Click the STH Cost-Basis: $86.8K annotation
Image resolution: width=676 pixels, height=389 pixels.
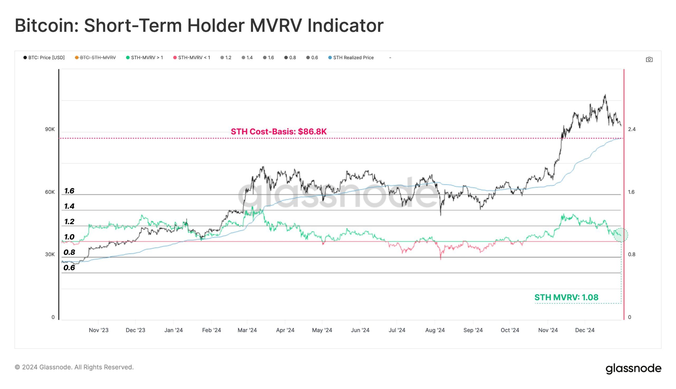coord(279,131)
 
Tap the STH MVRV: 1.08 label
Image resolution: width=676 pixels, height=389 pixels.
coord(566,297)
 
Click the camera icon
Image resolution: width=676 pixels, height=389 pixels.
coord(649,60)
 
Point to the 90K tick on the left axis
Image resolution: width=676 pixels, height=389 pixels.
coord(50,129)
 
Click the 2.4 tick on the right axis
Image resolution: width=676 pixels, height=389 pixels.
coord(632,129)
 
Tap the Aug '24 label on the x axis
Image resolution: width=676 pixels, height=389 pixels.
coord(435,330)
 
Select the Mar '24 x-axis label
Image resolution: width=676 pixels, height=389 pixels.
coord(247,330)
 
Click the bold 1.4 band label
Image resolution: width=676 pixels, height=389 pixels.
coord(69,206)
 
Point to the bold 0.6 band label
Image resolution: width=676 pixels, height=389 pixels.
coord(69,268)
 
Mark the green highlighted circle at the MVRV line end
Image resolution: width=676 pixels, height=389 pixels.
coord(621,235)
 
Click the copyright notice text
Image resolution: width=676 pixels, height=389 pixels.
coord(74,367)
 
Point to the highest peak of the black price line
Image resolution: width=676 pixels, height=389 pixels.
coord(605,95)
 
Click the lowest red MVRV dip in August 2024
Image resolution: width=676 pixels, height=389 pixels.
coord(440,258)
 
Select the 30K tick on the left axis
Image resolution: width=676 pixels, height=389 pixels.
coord(50,254)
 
